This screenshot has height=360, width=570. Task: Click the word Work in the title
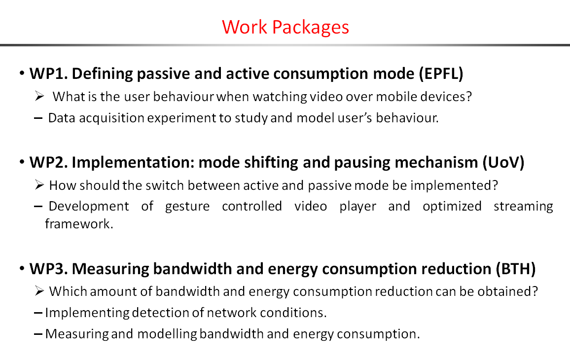pyautogui.click(x=244, y=27)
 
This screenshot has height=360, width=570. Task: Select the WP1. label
pyautogui.click(x=49, y=74)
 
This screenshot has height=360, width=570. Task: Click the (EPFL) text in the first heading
pyautogui.click(x=441, y=74)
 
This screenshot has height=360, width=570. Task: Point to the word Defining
pyautogui.click(x=102, y=74)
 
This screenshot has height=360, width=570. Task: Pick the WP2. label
pyautogui.click(x=49, y=163)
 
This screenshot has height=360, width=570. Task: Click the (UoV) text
pyautogui.click(x=503, y=163)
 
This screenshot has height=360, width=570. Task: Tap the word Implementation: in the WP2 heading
pyautogui.click(x=133, y=163)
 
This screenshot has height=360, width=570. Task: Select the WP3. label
pyautogui.click(x=49, y=269)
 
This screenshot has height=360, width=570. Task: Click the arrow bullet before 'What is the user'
pyautogui.click(x=39, y=96)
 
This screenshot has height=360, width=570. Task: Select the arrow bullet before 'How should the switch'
pyautogui.click(x=39, y=185)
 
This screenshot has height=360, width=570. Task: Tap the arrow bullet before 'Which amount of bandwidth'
pyautogui.click(x=39, y=291)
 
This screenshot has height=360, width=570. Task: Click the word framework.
pyautogui.click(x=79, y=223)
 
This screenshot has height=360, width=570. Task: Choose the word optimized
pyautogui.click(x=452, y=207)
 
